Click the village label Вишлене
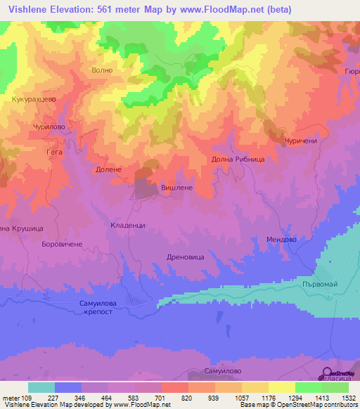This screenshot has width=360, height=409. [x=176, y=189]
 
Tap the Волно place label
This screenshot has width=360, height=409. [x=102, y=70]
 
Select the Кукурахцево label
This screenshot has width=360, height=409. [x=34, y=100]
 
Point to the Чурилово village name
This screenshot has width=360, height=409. [x=49, y=126]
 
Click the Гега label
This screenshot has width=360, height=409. [x=54, y=151]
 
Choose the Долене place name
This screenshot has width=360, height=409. [x=108, y=169]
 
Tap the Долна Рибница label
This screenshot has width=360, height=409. [x=238, y=160]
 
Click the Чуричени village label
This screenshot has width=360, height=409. [x=302, y=141]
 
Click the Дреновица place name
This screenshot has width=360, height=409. [x=186, y=257]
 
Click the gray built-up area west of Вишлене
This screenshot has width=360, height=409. [x=146, y=188]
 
